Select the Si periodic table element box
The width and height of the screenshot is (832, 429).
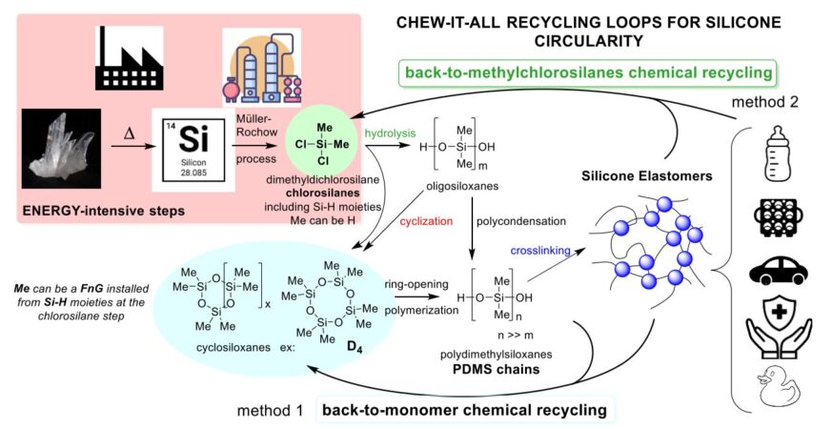199,149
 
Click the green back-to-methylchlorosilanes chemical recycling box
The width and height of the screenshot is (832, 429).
586,72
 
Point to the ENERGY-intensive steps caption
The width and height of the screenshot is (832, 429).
94,208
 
